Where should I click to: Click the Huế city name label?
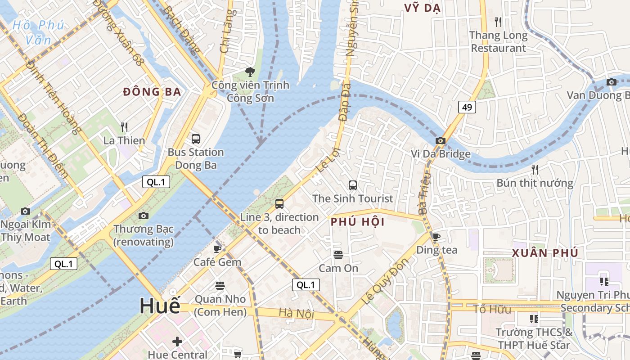coord(160,306)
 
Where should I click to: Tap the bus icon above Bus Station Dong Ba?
coord(195,139)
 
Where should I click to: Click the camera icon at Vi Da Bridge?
coord(441,141)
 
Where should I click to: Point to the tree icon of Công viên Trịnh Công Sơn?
coord(250,72)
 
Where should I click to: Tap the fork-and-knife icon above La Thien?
coord(124,127)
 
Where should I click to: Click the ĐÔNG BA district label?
coord(152,92)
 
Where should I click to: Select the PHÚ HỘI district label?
coord(358,222)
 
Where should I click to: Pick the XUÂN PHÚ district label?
coord(544,253)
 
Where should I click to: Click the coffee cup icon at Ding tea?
coord(436,237)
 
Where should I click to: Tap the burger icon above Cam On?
coord(338,255)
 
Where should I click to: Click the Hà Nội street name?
coord(296,313)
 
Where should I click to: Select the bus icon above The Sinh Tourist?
coord(353,185)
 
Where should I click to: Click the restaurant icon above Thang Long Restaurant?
coord(498,22)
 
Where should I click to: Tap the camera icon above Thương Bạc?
coord(144,216)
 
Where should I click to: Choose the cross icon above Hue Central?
coord(177,342)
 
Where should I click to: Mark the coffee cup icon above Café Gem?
coord(218,249)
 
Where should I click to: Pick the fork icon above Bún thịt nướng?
coord(535,170)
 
